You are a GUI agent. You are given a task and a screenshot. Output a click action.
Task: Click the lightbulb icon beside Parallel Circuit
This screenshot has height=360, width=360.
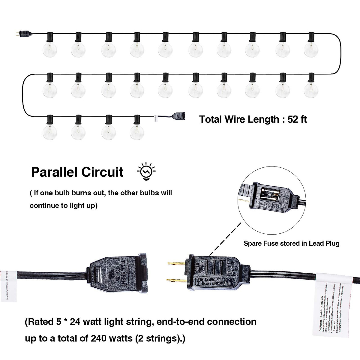(146, 172)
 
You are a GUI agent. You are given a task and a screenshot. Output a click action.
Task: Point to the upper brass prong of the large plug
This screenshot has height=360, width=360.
(176, 264)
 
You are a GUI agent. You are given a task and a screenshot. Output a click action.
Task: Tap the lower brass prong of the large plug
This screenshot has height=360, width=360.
(176, 280)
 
